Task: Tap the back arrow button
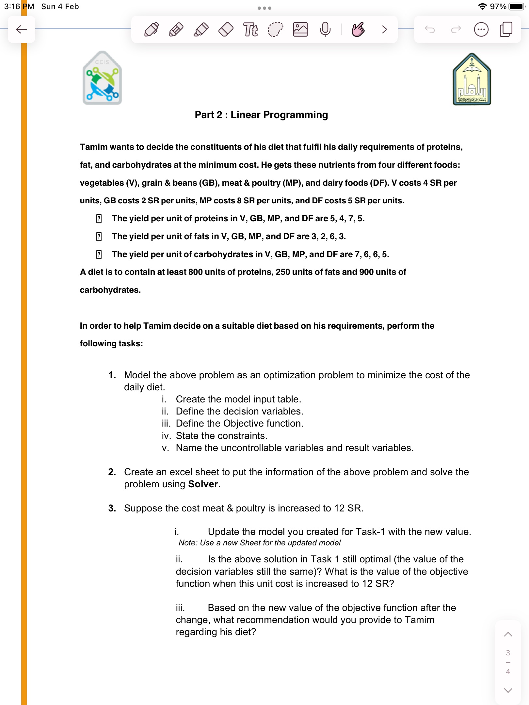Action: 22,29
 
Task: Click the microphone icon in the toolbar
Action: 325,29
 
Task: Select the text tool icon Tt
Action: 250,29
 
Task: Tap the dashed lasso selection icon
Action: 275,29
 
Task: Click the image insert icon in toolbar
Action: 300,29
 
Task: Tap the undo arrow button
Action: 430,30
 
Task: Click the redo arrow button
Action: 456,30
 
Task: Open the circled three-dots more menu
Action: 481,30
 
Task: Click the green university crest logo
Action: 472,79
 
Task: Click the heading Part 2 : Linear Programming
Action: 261,115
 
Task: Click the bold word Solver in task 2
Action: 203,484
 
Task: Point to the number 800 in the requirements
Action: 195,272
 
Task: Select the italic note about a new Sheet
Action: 259,543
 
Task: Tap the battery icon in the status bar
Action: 516,7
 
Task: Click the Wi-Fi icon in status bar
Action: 482,7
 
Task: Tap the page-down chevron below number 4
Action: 508,690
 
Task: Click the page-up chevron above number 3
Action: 508,634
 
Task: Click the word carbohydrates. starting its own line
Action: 110,290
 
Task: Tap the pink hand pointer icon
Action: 358,29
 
